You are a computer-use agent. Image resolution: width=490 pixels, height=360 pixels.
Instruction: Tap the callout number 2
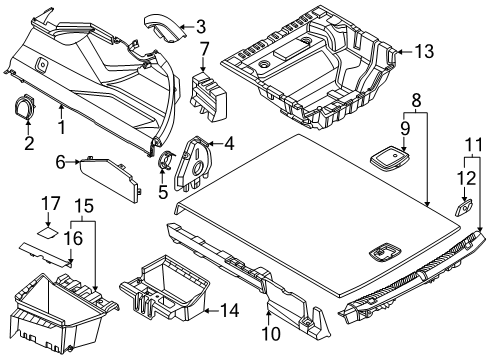29,143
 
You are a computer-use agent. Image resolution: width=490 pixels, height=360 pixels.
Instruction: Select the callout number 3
201,26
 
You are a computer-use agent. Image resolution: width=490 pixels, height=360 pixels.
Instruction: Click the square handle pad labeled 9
387,156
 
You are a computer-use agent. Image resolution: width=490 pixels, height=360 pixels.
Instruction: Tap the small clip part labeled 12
464,208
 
